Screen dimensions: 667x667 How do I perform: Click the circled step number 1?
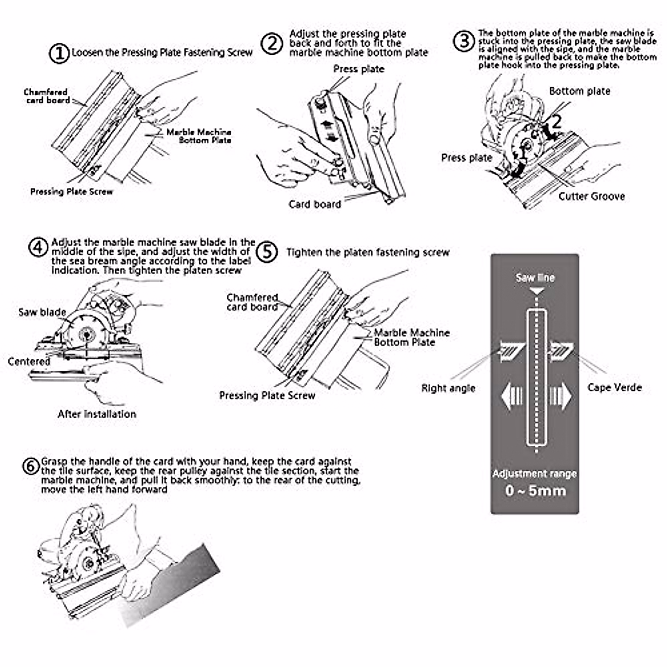tap(59, 53)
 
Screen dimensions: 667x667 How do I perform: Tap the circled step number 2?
tap(272, 43)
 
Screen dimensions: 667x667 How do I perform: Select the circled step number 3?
tap(464, 41)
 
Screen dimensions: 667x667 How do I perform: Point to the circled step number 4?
tap(38, 247)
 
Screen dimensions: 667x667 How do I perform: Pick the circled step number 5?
tap(268, 252)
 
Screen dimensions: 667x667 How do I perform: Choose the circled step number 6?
tap(31, 466)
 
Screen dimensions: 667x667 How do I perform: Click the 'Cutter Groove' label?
tap(591, 196)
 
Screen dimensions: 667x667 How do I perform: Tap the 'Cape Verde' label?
tap(614, 387)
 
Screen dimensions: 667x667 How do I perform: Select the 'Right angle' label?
tap(448, 388)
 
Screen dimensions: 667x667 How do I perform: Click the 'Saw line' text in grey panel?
tap(535, 278)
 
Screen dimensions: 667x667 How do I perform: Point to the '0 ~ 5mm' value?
tap(535, 491)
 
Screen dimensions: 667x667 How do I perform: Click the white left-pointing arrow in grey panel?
tap(511, 397)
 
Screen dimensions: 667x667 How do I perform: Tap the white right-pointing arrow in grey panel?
tap(560, 397)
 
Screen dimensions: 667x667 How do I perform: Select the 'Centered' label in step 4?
tap(29, 361)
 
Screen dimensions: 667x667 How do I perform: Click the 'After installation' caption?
tap(97, 414)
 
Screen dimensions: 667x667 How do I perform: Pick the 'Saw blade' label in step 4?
tap(42, 312)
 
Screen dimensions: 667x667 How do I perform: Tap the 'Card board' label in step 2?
tap(315, 204)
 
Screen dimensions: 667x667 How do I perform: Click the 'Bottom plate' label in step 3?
tap(579, 91)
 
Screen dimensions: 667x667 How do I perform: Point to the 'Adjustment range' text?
tap(534, 474)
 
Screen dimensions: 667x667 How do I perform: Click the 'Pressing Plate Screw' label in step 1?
tap(71, 192)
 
